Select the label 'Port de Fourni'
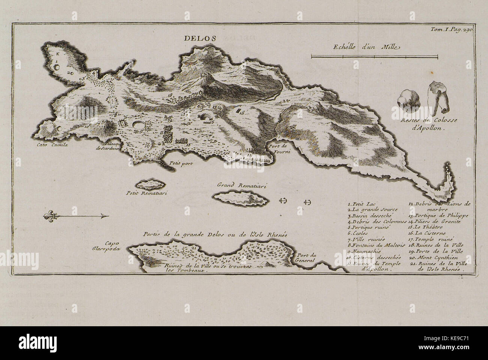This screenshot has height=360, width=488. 278,148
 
